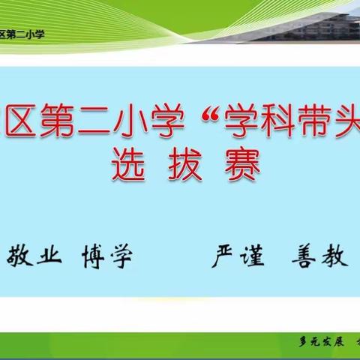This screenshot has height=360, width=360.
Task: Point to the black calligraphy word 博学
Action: click(x=106, y=257)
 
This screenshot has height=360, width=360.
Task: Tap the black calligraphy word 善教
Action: click(x=319, y=257)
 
